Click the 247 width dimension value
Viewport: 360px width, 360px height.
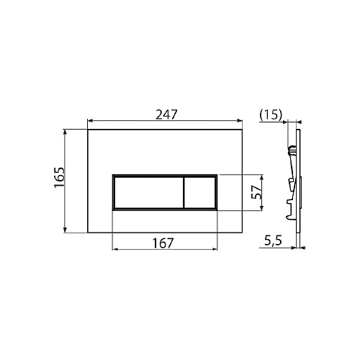[166, 114]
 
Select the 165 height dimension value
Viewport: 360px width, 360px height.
[59, 177]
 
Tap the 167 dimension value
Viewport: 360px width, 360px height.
[163, 243]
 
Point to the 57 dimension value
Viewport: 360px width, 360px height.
[256, 192]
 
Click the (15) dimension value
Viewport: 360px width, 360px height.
[271, 114]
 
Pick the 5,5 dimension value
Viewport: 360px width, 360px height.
[273, 241]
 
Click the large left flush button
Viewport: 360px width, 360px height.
[149, 192]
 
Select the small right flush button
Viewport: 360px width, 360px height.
[199, 192]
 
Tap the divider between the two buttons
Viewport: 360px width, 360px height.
[184, 192]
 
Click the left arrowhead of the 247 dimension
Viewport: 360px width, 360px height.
[90, 120]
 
